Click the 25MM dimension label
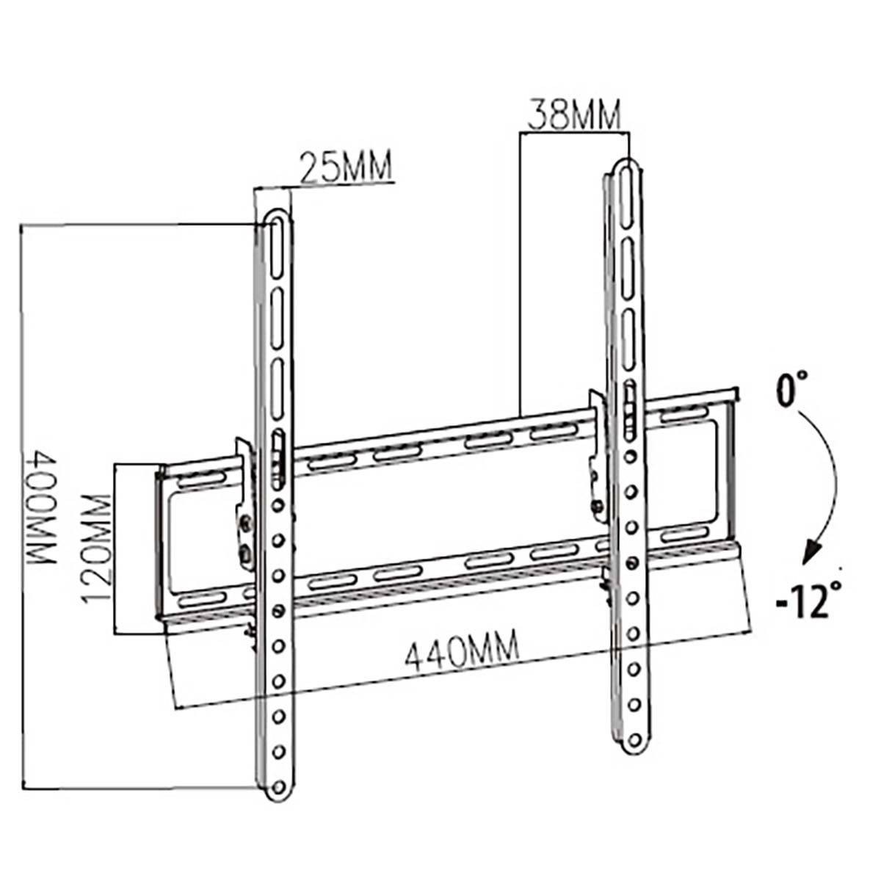345,167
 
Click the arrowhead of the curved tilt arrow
810,552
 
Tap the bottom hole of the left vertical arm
278,787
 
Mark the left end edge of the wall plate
159,543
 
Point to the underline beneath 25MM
323,184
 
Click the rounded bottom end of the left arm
278,797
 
